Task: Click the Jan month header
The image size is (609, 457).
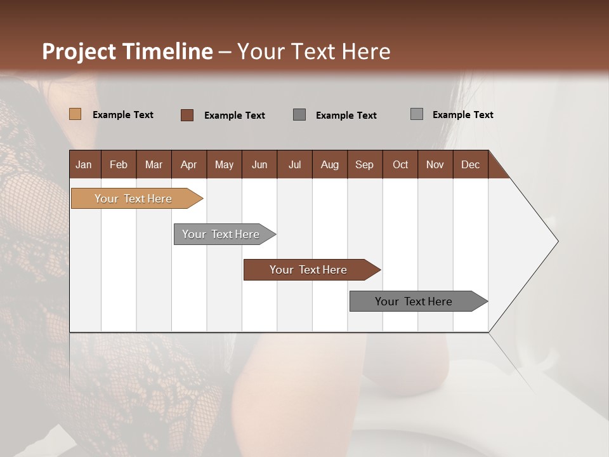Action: pos(84,164)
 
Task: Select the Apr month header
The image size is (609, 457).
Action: pos(188,164)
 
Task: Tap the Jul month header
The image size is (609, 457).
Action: pos(294,164)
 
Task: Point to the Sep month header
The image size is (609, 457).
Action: pos(364,164)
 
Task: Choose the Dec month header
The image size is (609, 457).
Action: pos(470,164)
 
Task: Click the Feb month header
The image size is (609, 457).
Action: pos(119,164)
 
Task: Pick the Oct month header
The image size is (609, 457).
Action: pos(400,164)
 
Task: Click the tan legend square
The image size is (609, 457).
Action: pos(75,114)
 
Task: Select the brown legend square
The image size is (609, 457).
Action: pos(187,115)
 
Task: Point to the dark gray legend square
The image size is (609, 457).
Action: pos(299,115)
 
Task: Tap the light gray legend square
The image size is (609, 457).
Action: pos(416,114)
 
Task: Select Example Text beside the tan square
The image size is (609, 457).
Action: pos(123,115)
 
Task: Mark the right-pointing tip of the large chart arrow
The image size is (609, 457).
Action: pos(556,241)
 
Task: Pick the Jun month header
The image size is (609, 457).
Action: pos(259,164)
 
